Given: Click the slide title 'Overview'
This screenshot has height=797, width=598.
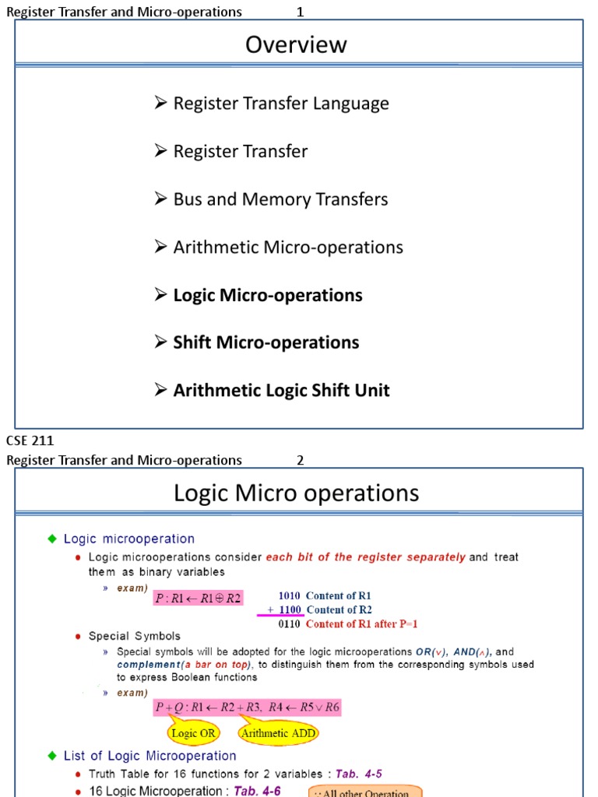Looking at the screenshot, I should tap(296, 45).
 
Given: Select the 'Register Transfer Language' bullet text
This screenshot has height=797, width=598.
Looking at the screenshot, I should tap(280, 104).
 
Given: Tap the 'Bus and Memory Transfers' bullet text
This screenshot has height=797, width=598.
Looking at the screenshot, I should tap(280, 199).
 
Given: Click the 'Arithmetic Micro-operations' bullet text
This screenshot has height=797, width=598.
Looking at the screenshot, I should tap(287, 248).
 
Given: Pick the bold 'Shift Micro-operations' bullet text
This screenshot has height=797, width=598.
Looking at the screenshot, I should tap(266, 342).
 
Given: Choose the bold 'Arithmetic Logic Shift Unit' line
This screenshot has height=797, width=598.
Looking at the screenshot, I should tap(281, 391).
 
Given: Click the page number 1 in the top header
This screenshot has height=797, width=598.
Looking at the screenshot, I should tap(300, 12).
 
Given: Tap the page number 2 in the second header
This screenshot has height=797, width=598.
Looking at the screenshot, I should tap(300, 460).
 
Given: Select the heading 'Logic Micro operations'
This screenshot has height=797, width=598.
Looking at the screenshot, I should tap(296, 493).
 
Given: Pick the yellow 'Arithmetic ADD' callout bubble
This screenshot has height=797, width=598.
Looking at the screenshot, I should tap(279, 732).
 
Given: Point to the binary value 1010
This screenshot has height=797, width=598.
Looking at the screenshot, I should tap(290, 596).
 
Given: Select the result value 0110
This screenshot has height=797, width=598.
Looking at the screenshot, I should tap(290, 624).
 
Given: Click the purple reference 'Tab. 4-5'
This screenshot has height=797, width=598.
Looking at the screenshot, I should tap(357, 773).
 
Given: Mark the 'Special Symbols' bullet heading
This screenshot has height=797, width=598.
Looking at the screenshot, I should tap(134, 636).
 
